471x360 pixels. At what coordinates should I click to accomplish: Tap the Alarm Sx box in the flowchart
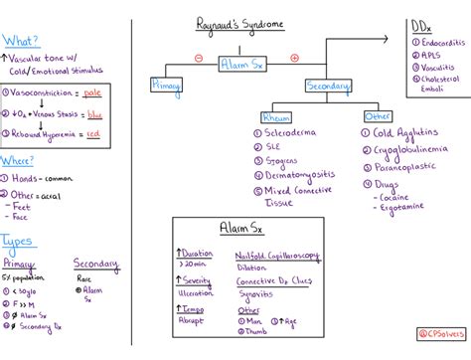(237, 61)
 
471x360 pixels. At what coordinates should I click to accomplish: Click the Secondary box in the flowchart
(328, 87)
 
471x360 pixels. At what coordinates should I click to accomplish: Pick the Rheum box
(275, 117)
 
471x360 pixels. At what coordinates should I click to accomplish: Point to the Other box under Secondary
(379, 116)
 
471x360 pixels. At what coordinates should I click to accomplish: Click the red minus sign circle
(198, 58)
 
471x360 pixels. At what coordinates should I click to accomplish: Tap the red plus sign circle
(294, 58)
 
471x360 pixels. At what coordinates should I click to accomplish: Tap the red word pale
(94, 91)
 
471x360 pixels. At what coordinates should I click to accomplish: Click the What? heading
(22, 41)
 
